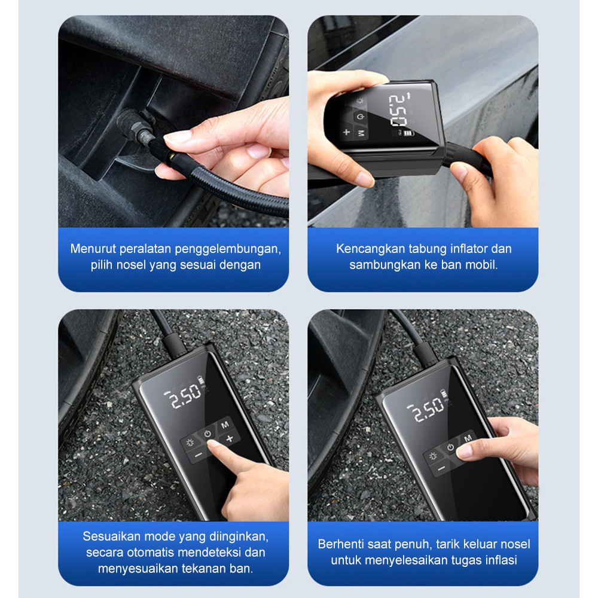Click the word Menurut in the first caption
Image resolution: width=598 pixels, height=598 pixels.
point(93,249)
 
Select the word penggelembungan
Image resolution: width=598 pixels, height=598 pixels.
point(228,249)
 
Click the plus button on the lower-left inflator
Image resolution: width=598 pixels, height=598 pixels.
point(230,438)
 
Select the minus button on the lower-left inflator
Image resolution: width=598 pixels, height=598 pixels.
point(199,455)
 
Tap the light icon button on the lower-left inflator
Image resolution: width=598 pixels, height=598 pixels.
point(190,443)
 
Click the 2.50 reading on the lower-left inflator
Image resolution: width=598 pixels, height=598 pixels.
point(185,396)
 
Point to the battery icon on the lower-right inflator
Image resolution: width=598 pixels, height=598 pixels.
point(444,393)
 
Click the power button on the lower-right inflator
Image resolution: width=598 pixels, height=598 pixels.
point(450,447)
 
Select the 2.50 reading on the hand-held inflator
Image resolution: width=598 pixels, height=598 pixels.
point(398,110)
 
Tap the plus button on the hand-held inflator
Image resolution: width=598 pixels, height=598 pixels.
point(346,132)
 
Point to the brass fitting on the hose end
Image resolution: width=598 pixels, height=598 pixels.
point(172,156)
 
